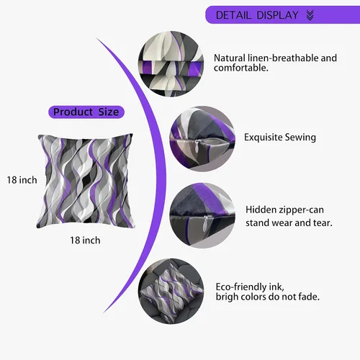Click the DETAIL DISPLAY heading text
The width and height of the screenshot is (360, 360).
(257, 15)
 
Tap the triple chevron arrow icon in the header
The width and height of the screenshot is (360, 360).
(310, 15)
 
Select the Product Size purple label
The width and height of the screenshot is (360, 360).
(86, 112)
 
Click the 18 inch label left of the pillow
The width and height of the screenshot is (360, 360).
(22, 180)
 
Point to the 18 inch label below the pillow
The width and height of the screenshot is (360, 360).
(85, 240)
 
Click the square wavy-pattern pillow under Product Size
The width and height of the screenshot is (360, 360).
(85, 181)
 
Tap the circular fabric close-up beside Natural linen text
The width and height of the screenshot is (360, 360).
(171, 64)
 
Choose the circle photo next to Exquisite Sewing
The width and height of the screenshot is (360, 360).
(202, 139)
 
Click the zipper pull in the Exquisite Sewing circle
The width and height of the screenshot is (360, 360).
(197, 144)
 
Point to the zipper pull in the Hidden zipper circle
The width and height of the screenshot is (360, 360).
(205, 223)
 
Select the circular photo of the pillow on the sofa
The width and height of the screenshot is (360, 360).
(171, 291)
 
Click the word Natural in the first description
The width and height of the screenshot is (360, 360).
(230, 58)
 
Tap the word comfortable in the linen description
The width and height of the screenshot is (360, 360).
(241, 68)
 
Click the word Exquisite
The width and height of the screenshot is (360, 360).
(264, 138)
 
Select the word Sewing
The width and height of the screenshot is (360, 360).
(300, 138)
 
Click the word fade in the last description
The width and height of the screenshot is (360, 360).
(309, 297)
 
